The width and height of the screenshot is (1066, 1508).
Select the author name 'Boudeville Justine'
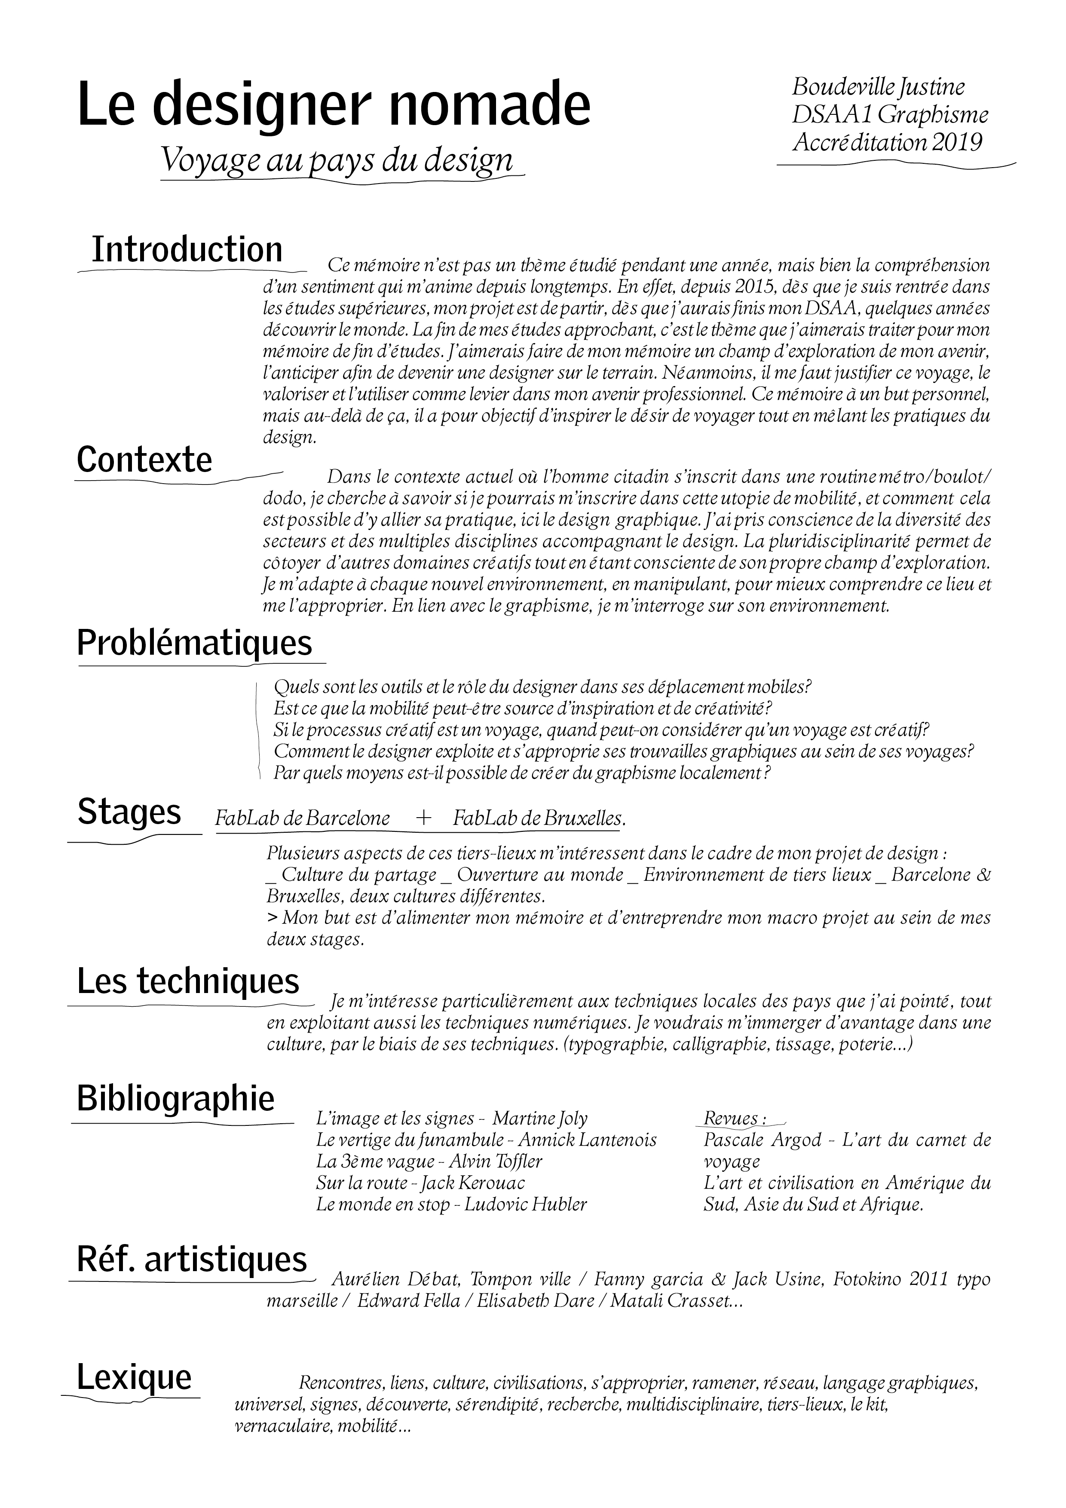pyautogui.click(x=878, y=87)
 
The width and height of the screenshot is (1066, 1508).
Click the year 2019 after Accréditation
pyautogui.click(x=957, y=142)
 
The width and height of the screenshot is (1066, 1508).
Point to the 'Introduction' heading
pyautogui.click(x=187, y=250)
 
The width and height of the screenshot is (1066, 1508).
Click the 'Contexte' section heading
pyautogui.click(x=144, y=460)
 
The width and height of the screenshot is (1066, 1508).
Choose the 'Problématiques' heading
pyautogui.click(x=194, y=643)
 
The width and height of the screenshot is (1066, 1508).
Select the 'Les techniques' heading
pyautogui.click(x=188, y=981)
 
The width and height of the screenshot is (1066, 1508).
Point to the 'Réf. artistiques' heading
pyautogui.click(x=192, y=1259)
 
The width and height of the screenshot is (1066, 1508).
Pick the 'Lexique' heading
pyautogui.click(x=134, y=1377)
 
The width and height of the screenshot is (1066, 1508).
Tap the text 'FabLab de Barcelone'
pyautogui.click(x=302, y=819)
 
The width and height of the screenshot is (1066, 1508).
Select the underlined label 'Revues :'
pyautogui.click(x=735, y=1119)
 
